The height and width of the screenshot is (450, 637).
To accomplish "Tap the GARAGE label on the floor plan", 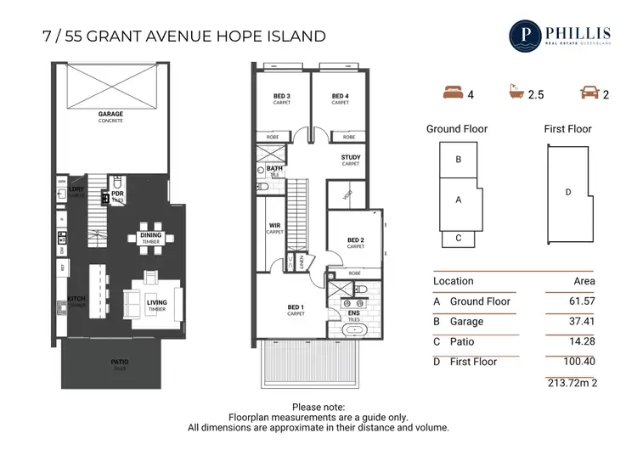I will tap(110, 113).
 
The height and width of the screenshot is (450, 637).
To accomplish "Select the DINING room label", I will tap(151, 235).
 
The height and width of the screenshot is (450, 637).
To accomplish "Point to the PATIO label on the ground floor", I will tap(120, 361).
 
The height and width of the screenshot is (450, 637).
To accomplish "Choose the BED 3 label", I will tap(282, 96).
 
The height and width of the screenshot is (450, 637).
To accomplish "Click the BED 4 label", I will tap(340, 96).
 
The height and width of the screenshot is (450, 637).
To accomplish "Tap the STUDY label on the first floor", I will tap(351, 157).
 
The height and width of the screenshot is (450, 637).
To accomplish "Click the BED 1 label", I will tap(296, 307).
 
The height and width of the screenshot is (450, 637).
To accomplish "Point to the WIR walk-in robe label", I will tap(273, 225).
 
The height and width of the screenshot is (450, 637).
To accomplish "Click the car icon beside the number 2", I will tap(587, 94).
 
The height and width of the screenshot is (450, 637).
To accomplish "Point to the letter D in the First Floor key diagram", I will tap(567, 192).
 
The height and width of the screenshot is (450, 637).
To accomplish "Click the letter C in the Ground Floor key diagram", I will tap(459, 239).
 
